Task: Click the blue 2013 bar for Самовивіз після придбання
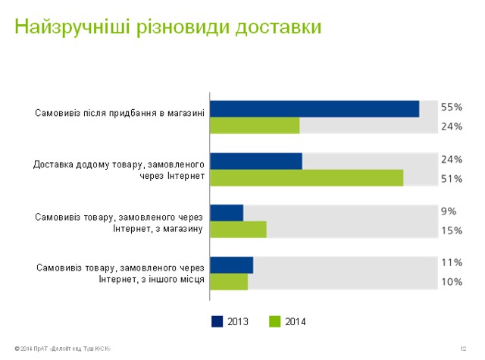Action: tap(314, 109)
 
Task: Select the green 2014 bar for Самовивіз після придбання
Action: tap(255, 126)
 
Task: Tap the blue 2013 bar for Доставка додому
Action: tap(256, 161)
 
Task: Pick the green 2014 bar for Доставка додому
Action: tap(306, 178)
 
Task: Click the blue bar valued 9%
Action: tap(227, 213)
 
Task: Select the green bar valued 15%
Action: tap(238, 230)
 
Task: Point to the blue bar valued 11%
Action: tap(231, 265)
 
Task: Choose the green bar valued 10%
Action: tap(229, 281)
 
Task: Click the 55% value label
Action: tap(452, 108)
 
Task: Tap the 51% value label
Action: tap(452, 179)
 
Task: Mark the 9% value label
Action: tap(449, 212)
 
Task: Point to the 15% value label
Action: tap(452, 230)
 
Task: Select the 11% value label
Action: tap(452, 263)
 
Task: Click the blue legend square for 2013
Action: tap(217, 322)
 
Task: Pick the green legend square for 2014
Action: tap(276, 322)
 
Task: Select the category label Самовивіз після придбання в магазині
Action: tap(120, 114)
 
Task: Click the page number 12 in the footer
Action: tap(462, 349)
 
